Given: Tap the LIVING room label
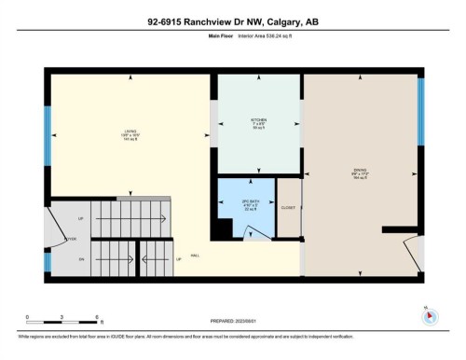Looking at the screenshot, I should (x=130, y=132).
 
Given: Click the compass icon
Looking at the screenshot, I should (x=428, y=315).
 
